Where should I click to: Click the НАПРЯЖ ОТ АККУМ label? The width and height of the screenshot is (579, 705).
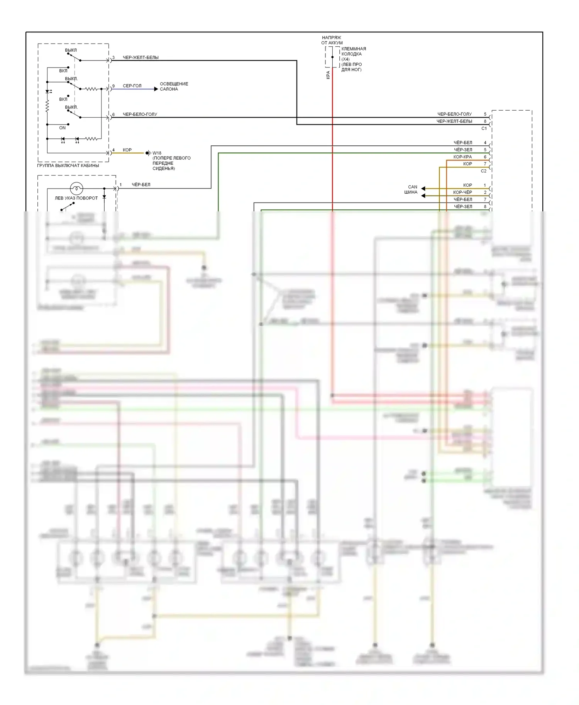(x=332, y=40)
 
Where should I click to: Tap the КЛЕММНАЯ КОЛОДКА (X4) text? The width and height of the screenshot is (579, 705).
(x=354, y=54)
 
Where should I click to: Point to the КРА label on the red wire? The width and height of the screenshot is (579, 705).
(x=328, y=75)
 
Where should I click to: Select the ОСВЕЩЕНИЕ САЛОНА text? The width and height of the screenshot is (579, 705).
(x=174, y=86)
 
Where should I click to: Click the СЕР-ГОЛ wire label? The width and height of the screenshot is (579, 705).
(x=132, y=86)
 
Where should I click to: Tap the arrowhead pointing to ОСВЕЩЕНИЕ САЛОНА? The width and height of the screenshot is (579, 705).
(x=156, y=89)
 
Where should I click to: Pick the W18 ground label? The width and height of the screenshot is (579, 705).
(x=157, y=153)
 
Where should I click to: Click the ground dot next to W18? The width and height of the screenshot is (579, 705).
(x=147, y=153)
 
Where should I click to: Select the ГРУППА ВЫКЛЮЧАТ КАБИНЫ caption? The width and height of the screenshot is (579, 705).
(x=68, y=165)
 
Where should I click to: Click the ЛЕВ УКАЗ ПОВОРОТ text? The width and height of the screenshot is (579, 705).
(x=76, y=198)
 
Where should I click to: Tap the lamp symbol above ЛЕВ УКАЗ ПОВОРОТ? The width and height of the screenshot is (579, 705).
(x=76, y=189)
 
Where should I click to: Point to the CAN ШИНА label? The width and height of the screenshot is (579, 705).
(x=411, y=189)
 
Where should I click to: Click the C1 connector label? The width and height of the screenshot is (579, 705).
(x=484, y=128)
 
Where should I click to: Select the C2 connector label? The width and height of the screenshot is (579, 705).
(x=484, y=171)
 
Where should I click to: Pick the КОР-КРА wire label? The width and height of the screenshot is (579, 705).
(x=462, y=157)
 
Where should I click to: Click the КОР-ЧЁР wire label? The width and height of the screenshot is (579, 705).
(x=462, y=192)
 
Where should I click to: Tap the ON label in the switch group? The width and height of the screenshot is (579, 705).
(x=63, y=128)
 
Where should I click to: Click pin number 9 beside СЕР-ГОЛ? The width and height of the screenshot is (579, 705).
(x=113, y=86)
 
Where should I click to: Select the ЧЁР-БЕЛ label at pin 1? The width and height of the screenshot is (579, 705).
(x=141, y=185)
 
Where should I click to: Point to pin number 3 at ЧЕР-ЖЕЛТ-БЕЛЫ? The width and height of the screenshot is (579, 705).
(x=113, y=57)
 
